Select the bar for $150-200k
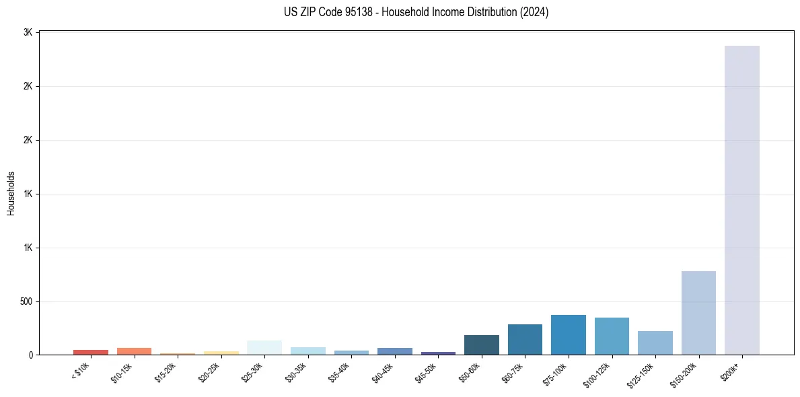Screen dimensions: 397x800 pyautogui.click(x=698, y=313)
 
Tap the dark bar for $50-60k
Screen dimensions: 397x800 pyautogui.click(x=481, y=345)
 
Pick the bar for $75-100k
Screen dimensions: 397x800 pyautogui.click(x=568, y=335)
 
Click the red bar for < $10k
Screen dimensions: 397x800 pyautogui.click(x=91, y=352)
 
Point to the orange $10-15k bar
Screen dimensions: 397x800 pyautogui.click(x=134, y=351)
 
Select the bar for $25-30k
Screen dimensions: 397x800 pyautogui.click(x=264, y=348)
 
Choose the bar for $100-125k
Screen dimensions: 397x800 pyautogui.click(x=612, y=336)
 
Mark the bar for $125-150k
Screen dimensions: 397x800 pyautogui.click(x=655, y=343)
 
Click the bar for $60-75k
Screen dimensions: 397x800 pyautogui.click(x=525, y=340)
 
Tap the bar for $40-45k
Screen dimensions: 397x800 pyautogui.click(x=394, y=351)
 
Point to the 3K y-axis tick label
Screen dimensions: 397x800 pyautogui.click(x=28, y=32)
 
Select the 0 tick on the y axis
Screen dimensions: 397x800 pyautogui.click(x=31, y=355)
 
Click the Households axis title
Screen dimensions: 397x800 pyautogui.click(x=11, y=193)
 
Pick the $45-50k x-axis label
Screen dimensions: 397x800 pyautogui.click(x=426, y=371)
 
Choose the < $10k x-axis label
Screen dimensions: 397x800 pyautogui.click(x=80, y=371)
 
